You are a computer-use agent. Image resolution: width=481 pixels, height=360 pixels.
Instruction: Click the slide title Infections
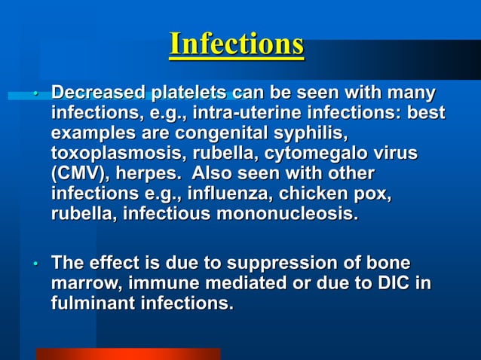tap(237, 44)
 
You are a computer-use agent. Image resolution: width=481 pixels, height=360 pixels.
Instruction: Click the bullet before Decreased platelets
tap(35, 96)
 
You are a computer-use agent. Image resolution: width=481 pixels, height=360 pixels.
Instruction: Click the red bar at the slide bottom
tap(128, 354)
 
